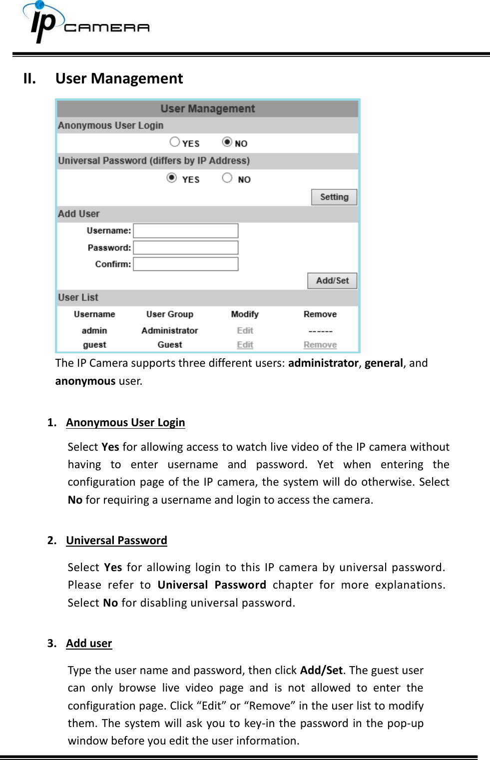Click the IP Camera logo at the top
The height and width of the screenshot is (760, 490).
pyautogui.click(x=85, y=23)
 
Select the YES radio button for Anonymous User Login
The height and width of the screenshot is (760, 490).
pyautogui.click(x=174, y=142)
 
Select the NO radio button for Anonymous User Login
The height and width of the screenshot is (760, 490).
pyautogui.click(x=227, y=142)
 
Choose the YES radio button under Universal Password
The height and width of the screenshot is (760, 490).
pyautogui.click(x=172, y=178)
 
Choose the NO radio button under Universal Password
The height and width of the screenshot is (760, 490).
pyautogui.click(x=227, y=178)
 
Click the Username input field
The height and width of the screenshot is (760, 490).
pyautogui.click(x=185, y=231)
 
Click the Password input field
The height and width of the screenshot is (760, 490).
pyautogui.click(x=185, y=248)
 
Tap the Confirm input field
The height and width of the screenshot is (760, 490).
pyautogui.click(x=185, y=264)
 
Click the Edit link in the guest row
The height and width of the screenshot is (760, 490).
pyautogui.click(x=245, y=345)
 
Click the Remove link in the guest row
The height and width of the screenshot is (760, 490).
pyautogui.click(x=320, y=345)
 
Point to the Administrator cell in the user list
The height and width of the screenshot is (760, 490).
pyautogui.click(x=169, y=331)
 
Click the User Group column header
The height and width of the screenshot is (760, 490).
pyautogui.click(x=169, y=314)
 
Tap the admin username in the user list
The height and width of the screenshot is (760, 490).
pyautogui.click(x=94, y=331)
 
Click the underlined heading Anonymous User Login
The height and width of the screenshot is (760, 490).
pyautogui.click(x=125, y=423)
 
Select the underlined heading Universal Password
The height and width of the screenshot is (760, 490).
pyautogui.click(x=116, y=541)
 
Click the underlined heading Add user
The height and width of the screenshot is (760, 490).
pyautogui.click(x=89, y=644)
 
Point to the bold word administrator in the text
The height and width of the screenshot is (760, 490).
pyautogui.click(x=323, y=363)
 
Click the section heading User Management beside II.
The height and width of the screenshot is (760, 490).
pyautogui.click(x=119, y=79)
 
